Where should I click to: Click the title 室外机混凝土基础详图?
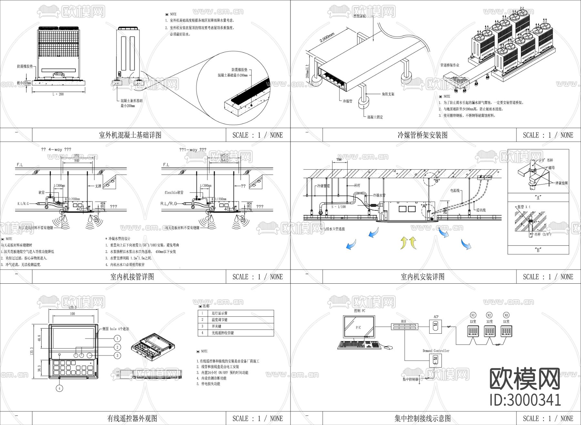(130, 135)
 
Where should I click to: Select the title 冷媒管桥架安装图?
(422, 135)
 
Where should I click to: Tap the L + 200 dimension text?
(58, 94)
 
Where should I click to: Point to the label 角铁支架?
(388, 94)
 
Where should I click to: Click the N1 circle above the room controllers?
(473, 315)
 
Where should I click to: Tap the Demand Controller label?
(436, 351)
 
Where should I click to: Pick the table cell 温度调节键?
(219, 319)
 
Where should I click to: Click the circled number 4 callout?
(59, 388)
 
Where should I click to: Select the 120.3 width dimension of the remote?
(73, 308)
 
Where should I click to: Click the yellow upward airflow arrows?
(408, 243)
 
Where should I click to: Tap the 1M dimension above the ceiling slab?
(339, 159)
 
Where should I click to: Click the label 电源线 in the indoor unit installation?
(455, 191)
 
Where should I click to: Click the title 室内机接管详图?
(132, 277)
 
